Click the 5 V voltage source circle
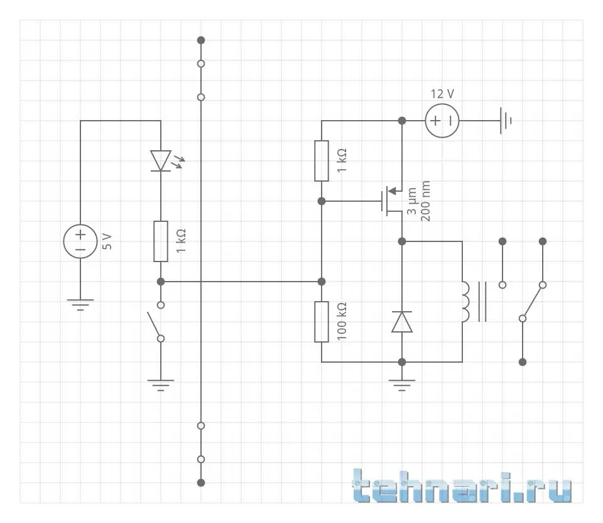click(80, 241)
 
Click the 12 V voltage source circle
click(442, 120)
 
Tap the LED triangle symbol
click(161, 160)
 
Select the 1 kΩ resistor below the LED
click(161, 241)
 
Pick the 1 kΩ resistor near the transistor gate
click(322, 160)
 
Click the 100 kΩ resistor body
click(322, 321)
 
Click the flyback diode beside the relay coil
click(402, 321)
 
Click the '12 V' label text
click(442, 94)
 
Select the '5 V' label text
click(107, 241)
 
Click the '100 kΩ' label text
click(342, 321)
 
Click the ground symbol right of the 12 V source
click(506, 120)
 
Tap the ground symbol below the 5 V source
click(80, 305)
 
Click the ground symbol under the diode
click(402, 383)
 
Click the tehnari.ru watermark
click(462, 487)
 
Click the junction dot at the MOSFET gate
click(322, 201)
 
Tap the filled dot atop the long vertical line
click(201, 40)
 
